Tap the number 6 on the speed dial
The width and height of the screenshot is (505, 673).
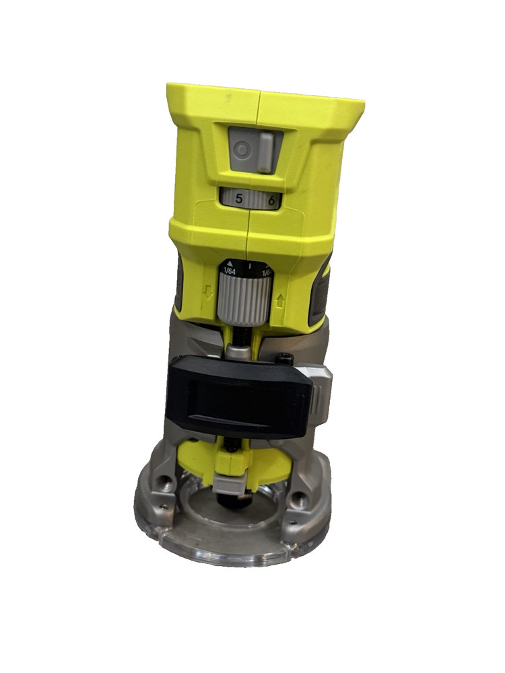tap(271, 199)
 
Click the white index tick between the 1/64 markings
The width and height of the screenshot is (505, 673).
tap(250, 267)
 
